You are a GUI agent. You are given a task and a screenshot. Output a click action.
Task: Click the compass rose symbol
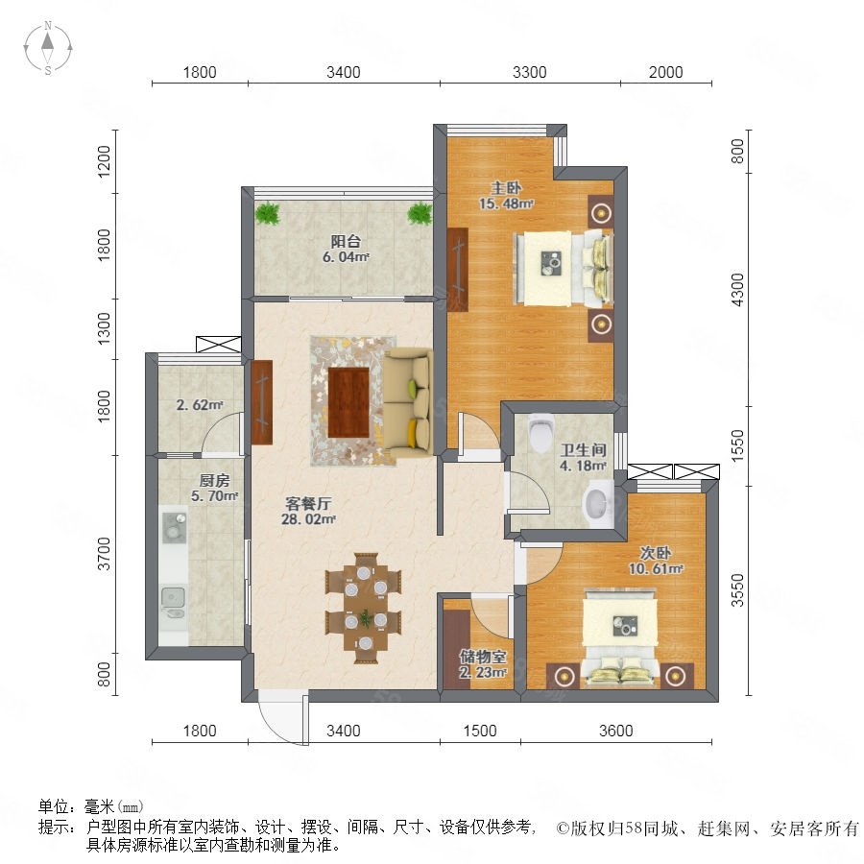48,48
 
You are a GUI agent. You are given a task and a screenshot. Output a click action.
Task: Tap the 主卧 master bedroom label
506,188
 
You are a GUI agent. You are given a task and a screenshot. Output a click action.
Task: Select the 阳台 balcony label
346,241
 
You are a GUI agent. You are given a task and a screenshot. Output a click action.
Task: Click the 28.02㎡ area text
308,519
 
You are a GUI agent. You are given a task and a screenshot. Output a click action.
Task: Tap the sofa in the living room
408,403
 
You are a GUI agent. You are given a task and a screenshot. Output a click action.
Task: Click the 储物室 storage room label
483,657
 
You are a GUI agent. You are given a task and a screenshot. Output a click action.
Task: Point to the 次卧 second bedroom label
656,553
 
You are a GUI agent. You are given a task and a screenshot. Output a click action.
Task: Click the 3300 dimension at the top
530,72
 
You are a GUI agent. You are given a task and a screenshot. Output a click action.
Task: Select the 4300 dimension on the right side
737,290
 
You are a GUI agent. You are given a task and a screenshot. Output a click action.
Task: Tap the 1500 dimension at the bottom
480,731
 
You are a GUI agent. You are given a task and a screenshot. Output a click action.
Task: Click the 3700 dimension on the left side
104,554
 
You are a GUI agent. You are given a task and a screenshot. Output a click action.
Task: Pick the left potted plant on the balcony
268,213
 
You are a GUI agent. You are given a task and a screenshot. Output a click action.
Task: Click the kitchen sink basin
173,597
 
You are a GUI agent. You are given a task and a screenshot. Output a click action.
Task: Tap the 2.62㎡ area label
200,405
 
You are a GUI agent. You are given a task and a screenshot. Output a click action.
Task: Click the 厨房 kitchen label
215,481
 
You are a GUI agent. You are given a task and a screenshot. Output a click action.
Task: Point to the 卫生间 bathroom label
584,450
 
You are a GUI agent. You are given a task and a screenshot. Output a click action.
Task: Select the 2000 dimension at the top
665,72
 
